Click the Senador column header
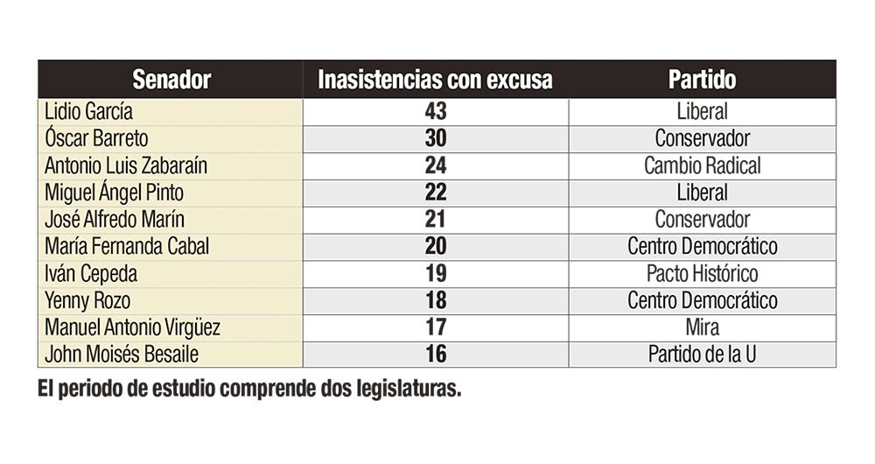tap(171, 80)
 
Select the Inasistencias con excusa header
tap(435, 80)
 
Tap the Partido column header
tap(702, 80)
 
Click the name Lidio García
tap(89, 112)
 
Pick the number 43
tap(435, 112)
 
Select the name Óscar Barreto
tap(97, 138)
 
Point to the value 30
tap(435, 138)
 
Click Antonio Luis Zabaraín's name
tap(126, 165)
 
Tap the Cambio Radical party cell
tap(702, 165)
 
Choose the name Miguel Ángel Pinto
tap(115, 193)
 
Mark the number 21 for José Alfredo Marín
tap(435, 220)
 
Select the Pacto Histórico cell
tap(702, 274)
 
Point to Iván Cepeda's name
tap(92, 274)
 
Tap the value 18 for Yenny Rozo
tap(435, 301)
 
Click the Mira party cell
tap(702, 328)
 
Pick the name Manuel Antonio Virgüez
tap(132, 328)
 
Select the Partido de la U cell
tap(702, 355)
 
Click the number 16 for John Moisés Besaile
tap(435, 355)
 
